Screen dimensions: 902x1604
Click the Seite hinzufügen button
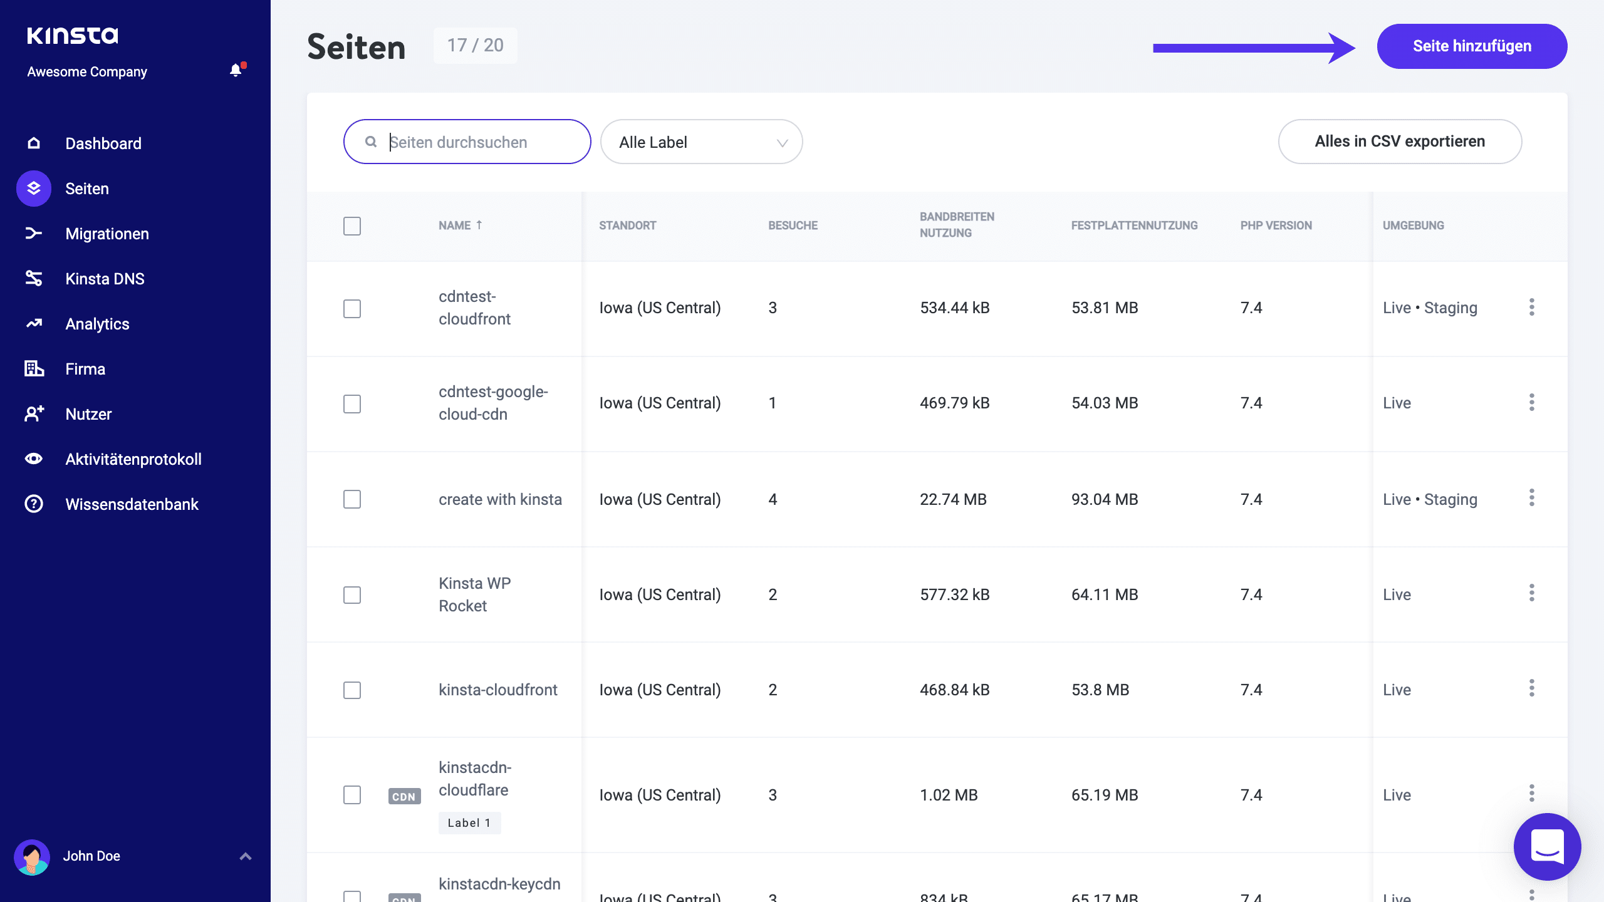click(1471, 46)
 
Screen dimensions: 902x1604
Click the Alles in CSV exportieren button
click(1399, 142)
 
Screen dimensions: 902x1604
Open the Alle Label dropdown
click(701, 142)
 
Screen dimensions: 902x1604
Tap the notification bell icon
click(236, 70)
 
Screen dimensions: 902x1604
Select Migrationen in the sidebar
click(107, 234)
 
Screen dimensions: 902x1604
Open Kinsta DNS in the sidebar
click(105, 279)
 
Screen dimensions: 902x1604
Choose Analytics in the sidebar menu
click(97, 324)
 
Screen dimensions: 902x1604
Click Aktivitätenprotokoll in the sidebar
click(133, 459)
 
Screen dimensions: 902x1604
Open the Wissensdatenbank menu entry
click(132, 504)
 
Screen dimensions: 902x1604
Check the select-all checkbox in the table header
click(352, 226)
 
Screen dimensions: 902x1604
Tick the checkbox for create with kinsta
click(352, 499)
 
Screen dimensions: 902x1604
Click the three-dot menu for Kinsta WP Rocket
click(1531, 593)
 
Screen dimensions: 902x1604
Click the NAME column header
click(456, 225)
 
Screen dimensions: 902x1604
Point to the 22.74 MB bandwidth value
click(952, 499)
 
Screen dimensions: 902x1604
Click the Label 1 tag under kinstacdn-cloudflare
click(469, 823)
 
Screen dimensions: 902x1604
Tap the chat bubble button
click(1547, 846)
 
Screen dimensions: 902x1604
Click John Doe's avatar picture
click(32, 856)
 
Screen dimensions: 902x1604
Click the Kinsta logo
click(73, 36)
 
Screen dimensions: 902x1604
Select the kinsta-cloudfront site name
click(497, 690)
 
